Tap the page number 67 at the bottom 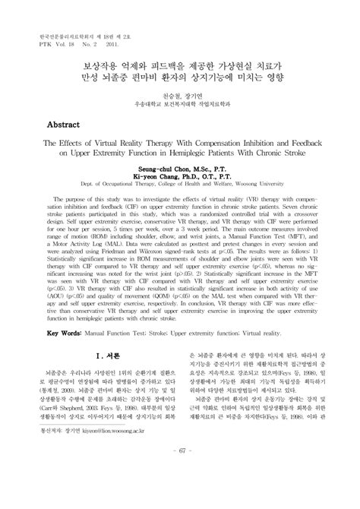coord(180,497)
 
